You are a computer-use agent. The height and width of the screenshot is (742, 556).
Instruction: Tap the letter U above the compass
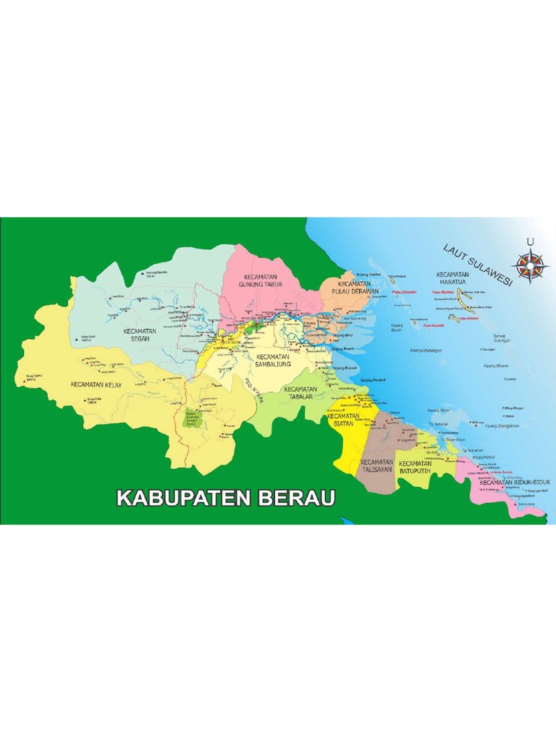(x=531, y=242)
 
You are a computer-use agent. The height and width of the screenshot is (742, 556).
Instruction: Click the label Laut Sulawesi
(x=477, y=264)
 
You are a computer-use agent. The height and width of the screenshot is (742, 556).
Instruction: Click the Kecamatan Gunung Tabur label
(x=262, y=281)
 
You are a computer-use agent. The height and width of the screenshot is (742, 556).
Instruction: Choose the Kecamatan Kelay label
(x=96, y=383)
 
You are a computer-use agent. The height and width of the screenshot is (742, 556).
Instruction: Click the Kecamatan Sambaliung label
(x=272, y=360)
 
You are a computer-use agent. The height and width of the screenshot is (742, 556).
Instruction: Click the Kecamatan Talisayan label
(x=376, y=465)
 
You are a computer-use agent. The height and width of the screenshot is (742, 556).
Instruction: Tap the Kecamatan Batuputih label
(x=416, y=467)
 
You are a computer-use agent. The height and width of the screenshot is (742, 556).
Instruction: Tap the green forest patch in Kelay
(x=193, y=419)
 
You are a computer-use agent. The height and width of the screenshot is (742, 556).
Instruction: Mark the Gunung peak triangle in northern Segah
(x=142, y=273)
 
